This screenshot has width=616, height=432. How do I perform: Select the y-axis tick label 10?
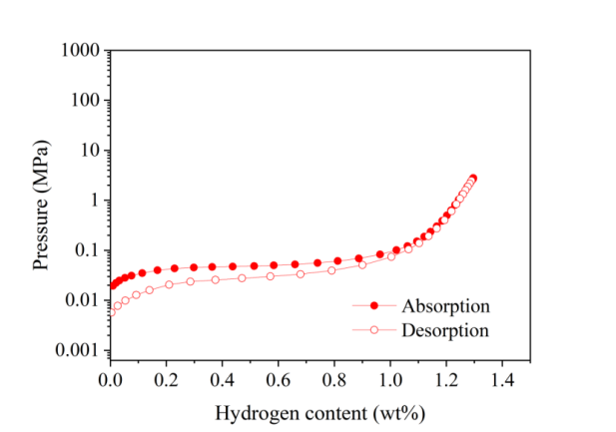pyautogui.click(x=88, y=151)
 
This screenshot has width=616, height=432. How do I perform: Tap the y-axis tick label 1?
pyautogui.click(x=93, y=201)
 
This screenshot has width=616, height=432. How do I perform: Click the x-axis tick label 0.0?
pyautogui.click(x=110, y=380)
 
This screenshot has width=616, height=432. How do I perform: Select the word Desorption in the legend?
pyautogui.click(x=445, y=329)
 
